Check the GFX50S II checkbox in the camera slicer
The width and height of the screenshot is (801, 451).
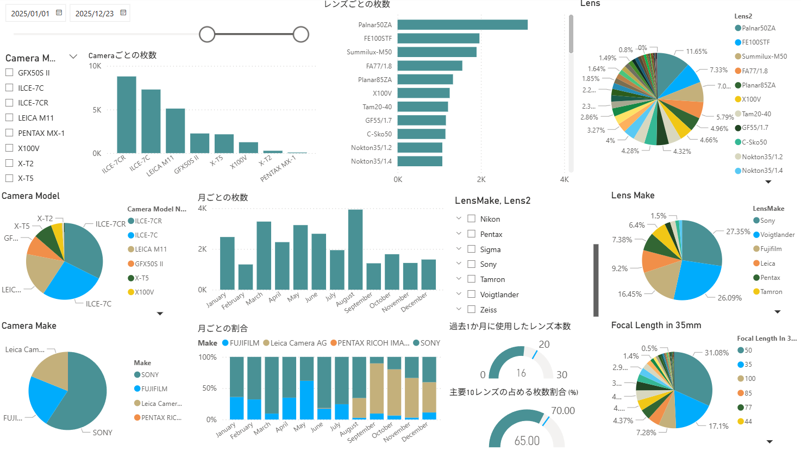[x=9, y=73]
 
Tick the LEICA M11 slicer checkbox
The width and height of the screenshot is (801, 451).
[x=9, y=118]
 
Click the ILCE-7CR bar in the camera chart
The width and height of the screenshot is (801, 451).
[x=127, y=115]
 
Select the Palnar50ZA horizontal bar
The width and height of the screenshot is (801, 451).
[x=462, y=25]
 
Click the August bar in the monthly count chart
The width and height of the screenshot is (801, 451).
[x=355, y=249]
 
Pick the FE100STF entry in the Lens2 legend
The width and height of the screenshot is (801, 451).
[x=755, y=42]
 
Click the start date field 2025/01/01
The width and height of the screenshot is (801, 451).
[x=30, y=14]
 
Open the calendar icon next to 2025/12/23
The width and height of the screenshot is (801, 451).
[x=123, y=13]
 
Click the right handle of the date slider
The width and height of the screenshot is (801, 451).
[x=301, y=35]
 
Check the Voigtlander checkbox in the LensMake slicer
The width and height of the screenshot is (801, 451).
[x=472, y=295]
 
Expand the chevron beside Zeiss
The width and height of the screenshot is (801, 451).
[x=459, y=309]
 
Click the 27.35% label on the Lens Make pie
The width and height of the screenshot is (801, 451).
[x=738, y=231]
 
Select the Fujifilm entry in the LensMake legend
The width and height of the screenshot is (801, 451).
[x=771, y=249]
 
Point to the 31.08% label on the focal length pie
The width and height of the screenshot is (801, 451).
[x=716, y=353]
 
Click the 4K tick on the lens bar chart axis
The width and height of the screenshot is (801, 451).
[x=564, y=179]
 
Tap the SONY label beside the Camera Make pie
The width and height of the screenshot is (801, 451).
[x=102, y=433]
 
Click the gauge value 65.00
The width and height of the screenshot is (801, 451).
[x=527, y=441]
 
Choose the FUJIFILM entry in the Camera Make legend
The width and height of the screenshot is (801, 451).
[x=154, y=389]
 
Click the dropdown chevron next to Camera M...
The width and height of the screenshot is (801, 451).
[x=73, y=57]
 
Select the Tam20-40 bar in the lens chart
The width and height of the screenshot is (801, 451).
[x=423, y=107]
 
